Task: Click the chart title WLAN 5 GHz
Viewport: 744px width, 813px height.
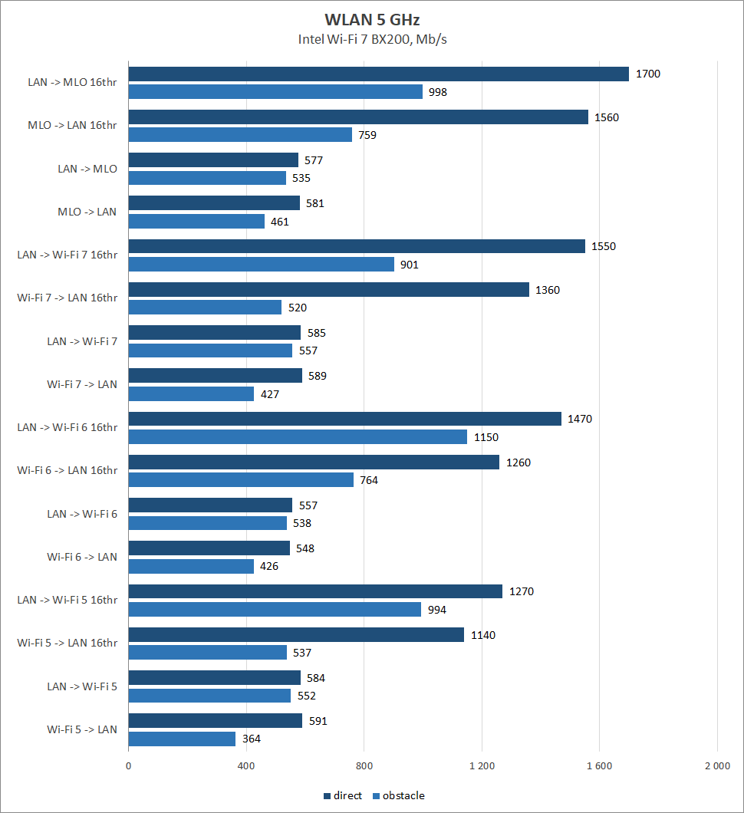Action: tap(372, 20)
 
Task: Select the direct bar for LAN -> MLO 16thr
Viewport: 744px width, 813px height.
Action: tap(378, 74)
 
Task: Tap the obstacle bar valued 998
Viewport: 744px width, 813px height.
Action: tap(275, 92)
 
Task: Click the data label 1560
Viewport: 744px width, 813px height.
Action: tap(606, 117)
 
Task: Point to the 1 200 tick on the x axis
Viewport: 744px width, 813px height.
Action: tap(482, 765)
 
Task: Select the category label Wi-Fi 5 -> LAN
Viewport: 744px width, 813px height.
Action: tap(82, 729)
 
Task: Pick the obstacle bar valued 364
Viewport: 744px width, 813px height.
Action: tap(182, 739)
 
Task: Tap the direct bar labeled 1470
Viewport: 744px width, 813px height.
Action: tap(344, 419)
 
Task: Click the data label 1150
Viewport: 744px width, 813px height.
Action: tap(486, 437)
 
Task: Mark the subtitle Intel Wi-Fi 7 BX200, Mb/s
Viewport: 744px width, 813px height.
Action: tap(372, 40)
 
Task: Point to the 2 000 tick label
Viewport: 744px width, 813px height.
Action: tap(717, 765)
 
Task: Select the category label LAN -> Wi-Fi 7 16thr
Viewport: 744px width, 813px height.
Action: tap(67, 255)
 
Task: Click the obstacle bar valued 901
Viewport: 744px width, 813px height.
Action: tap(261, 264)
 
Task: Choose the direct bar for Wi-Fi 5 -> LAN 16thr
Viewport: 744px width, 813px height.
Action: tap(296, 635)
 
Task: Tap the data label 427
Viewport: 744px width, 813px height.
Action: tap(270, 394)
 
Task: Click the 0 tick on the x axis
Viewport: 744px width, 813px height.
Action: tap(128, 765)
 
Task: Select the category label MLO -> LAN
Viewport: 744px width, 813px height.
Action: tap(87, 212)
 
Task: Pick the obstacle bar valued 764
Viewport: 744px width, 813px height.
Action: tap(241, 480)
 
